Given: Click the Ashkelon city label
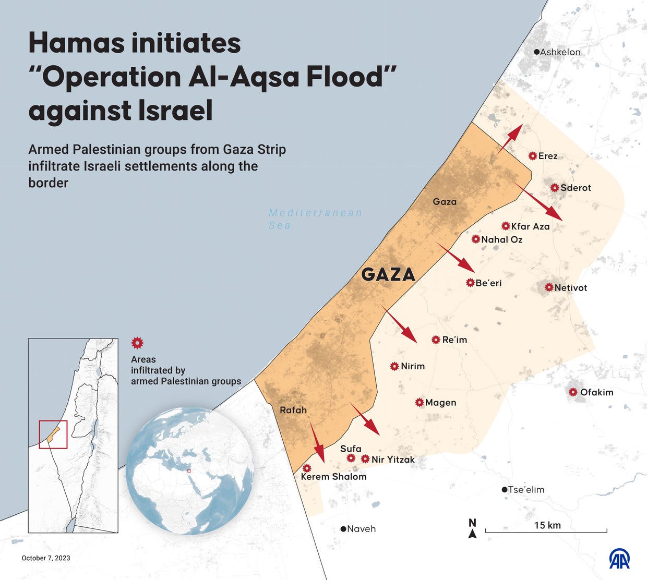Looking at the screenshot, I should tap(560, 52).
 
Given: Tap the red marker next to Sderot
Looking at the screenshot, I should tap(555, 188).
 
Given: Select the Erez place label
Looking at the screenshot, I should tap(548, 156).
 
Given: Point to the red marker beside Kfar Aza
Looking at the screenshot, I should tap(506, 226).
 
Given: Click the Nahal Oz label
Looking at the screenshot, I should tap(501, 239).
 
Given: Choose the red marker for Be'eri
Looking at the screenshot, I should tap(470, 283).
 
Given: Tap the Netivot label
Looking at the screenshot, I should tap(570, 287).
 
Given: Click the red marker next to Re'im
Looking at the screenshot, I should tap(436, 340).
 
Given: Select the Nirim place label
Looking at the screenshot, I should tap(413, 366).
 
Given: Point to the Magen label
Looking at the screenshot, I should tap(440, 403).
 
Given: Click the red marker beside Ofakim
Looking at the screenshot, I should tap(573, 392).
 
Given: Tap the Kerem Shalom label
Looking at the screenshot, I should tap(333, 477).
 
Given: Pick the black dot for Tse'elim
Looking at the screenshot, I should tap(504, 490).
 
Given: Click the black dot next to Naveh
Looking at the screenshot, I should tap(343, 529).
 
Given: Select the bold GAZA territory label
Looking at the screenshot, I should tap(388, 274).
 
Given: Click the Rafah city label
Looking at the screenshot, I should tap(293, 410).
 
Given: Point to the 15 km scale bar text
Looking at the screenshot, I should tap(547, 525).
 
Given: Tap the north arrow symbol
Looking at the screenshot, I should tap(472, 528).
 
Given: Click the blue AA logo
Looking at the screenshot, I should tap(619, 559).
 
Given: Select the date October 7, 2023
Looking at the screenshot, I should tap(46, 558).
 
